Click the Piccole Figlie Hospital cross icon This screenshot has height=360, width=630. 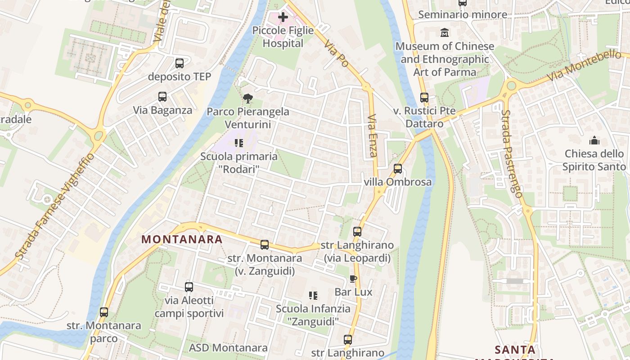coord(283,18)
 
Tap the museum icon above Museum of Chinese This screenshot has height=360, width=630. coord(445,33)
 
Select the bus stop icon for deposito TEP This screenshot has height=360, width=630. coord(180,63)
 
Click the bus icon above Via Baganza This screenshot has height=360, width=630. coord(162,97)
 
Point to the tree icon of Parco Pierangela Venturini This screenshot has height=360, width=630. coord(247,99)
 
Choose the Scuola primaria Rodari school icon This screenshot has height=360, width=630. coord(239,143)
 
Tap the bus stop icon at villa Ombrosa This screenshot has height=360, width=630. coord(398,169)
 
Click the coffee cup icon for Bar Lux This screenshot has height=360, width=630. coord(353,279)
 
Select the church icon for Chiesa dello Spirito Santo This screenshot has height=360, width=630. coord(594,141)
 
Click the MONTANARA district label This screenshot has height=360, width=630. coord(182,239)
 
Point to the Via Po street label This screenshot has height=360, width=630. coord(337,54)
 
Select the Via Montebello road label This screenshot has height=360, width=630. coord(585,66)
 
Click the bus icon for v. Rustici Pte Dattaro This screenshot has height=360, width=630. coord(424,98)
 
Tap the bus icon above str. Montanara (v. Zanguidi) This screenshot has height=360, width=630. coord(265,245)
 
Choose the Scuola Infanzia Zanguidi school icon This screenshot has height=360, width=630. coord(313,296)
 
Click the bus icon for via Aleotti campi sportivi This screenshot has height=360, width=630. coord(189,287)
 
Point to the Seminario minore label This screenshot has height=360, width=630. coord(463,15)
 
